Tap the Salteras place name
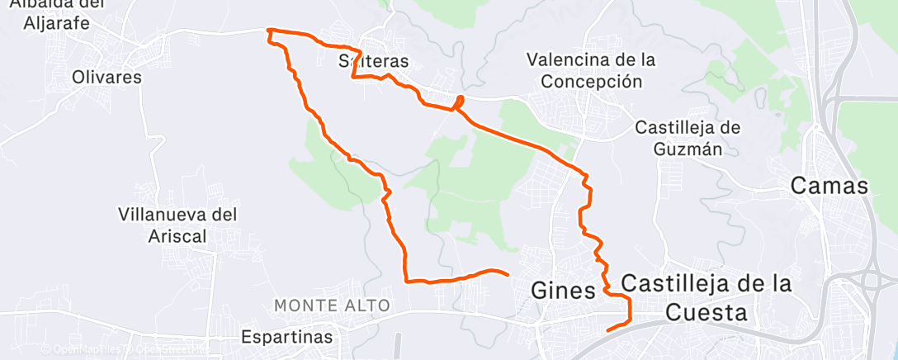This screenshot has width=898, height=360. [374, 61]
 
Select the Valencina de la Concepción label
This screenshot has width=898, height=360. [590, 70]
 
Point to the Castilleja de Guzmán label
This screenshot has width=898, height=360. [688, 138]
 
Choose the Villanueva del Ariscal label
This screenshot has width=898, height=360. [177, 225]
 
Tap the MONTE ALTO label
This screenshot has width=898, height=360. [333, 306]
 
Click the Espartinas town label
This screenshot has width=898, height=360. [287, 337]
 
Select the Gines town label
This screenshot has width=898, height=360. [564, 291]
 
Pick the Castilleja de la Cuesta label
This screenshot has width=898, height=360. [706, 297]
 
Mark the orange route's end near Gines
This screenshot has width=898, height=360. [506, 272]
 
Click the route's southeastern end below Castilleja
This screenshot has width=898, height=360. [608, 330]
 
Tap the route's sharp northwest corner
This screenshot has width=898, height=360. [268, 31]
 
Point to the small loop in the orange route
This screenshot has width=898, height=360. [458, 102]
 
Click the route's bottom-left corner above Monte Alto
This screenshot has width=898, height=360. [407, 281]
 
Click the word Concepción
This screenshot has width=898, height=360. [590, 81]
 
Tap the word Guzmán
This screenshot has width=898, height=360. [688, 149]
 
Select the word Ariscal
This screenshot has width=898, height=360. [177, 235]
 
